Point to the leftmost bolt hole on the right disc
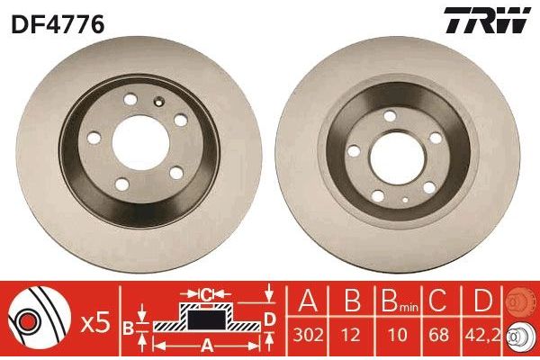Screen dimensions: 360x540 coord(355,152)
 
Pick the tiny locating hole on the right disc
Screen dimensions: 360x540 coord(404,199)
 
